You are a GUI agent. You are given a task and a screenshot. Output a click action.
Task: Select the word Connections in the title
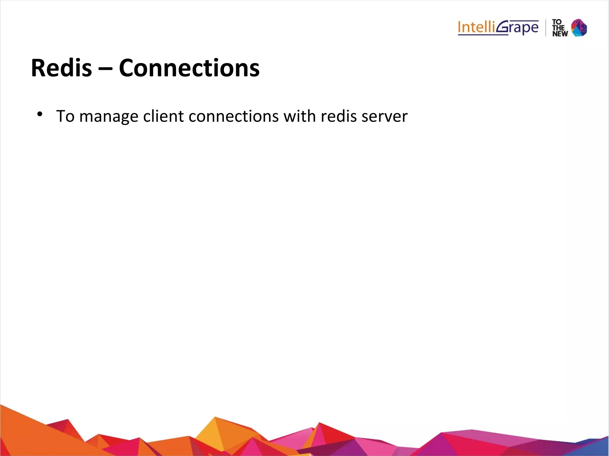(x=189, y=68)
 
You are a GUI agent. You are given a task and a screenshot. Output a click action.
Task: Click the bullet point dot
(x=40, y=114)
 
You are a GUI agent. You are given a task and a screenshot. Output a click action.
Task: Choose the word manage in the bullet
(x=109, y=116)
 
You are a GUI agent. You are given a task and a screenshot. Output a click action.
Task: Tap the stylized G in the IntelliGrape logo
(x=503, y=27)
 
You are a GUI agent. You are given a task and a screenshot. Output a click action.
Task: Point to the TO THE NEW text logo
(x=560, y=28)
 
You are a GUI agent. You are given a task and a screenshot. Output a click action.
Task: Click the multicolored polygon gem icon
(x=579, y=28)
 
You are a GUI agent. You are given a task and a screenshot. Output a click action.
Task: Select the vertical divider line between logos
(x=546, y=28)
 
